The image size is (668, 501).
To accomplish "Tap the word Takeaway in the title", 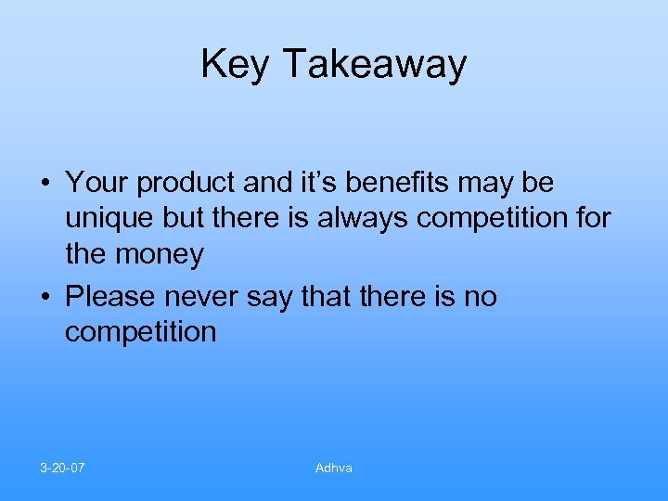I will pyautogui.click(x=375, y=65).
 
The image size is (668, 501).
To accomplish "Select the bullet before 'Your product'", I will pyautogui.click(x=45, y=184).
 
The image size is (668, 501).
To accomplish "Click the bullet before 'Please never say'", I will pyautogui.click(x=45, y=298).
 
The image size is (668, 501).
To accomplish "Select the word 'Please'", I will pyautogui.click(x=112, y=297).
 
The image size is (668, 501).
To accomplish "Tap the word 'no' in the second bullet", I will pyautogui.click(x=480, y=298).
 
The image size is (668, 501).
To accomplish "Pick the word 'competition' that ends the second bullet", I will pyautogui.click(x=140, y=332).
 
